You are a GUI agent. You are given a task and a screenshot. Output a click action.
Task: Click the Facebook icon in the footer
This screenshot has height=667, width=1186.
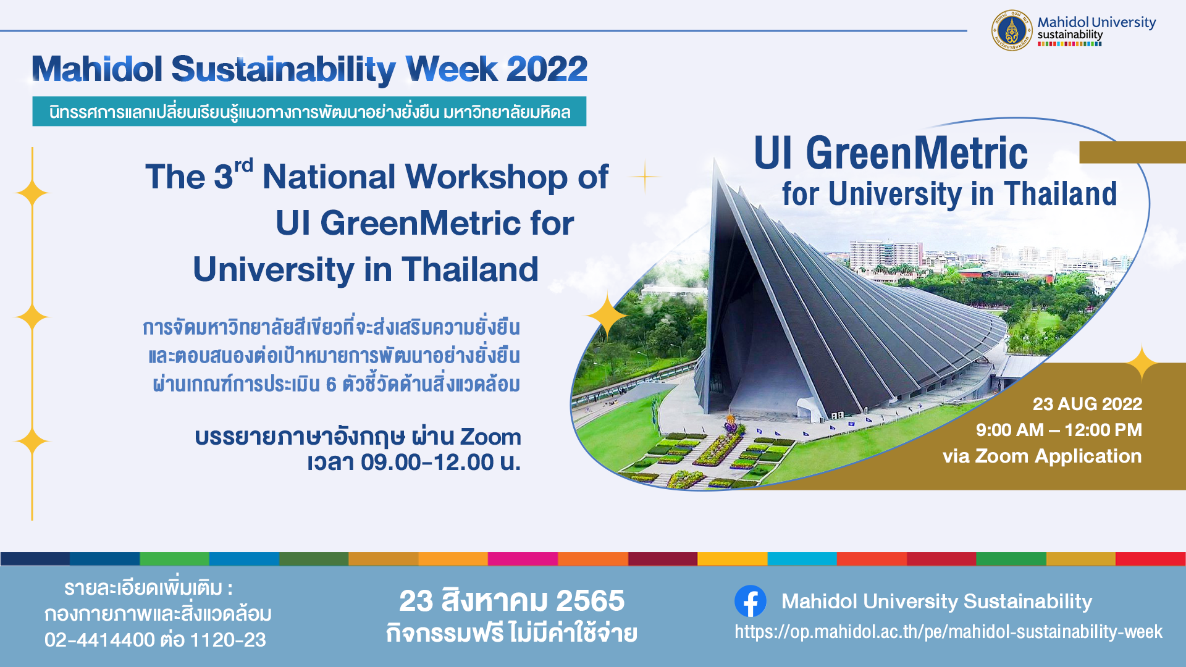pos(751,601)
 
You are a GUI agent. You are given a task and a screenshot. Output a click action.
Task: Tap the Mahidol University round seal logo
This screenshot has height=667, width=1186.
pos(1012,30)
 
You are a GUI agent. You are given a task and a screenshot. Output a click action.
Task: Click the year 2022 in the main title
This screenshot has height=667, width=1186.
pos(547,69)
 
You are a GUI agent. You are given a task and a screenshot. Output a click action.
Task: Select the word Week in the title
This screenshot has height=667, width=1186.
pos(452,69)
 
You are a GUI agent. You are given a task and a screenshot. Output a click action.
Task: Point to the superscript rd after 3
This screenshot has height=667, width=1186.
pos(243,166)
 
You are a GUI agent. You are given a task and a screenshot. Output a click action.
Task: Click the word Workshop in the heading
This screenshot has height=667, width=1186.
pos(487,177)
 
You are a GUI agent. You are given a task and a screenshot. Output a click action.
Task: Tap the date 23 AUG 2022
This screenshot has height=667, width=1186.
pos(1087,404)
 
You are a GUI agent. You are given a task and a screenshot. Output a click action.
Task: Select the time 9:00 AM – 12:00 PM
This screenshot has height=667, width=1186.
pos(1059,430)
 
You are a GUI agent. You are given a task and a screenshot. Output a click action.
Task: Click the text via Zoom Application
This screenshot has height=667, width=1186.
pos(1042,456)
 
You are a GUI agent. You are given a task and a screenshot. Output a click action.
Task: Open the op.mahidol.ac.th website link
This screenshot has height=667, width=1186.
pos(948,632)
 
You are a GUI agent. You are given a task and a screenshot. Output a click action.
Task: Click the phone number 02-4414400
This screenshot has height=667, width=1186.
pos(99,640)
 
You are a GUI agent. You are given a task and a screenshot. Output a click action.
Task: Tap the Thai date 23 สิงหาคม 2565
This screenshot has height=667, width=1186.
pos(511,600)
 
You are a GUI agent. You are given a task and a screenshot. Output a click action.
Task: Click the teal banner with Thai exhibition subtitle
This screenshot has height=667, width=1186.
pos(309,112)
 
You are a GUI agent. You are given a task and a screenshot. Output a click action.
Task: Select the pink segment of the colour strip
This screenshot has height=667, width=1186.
pos(523,559)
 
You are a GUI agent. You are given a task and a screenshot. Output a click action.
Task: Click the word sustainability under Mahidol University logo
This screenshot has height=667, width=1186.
pos(1070,35)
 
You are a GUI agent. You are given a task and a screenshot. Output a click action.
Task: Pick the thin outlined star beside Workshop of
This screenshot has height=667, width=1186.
pos(645,177)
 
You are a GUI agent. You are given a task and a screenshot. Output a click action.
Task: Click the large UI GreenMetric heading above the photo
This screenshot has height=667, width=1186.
pos(891,153)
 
